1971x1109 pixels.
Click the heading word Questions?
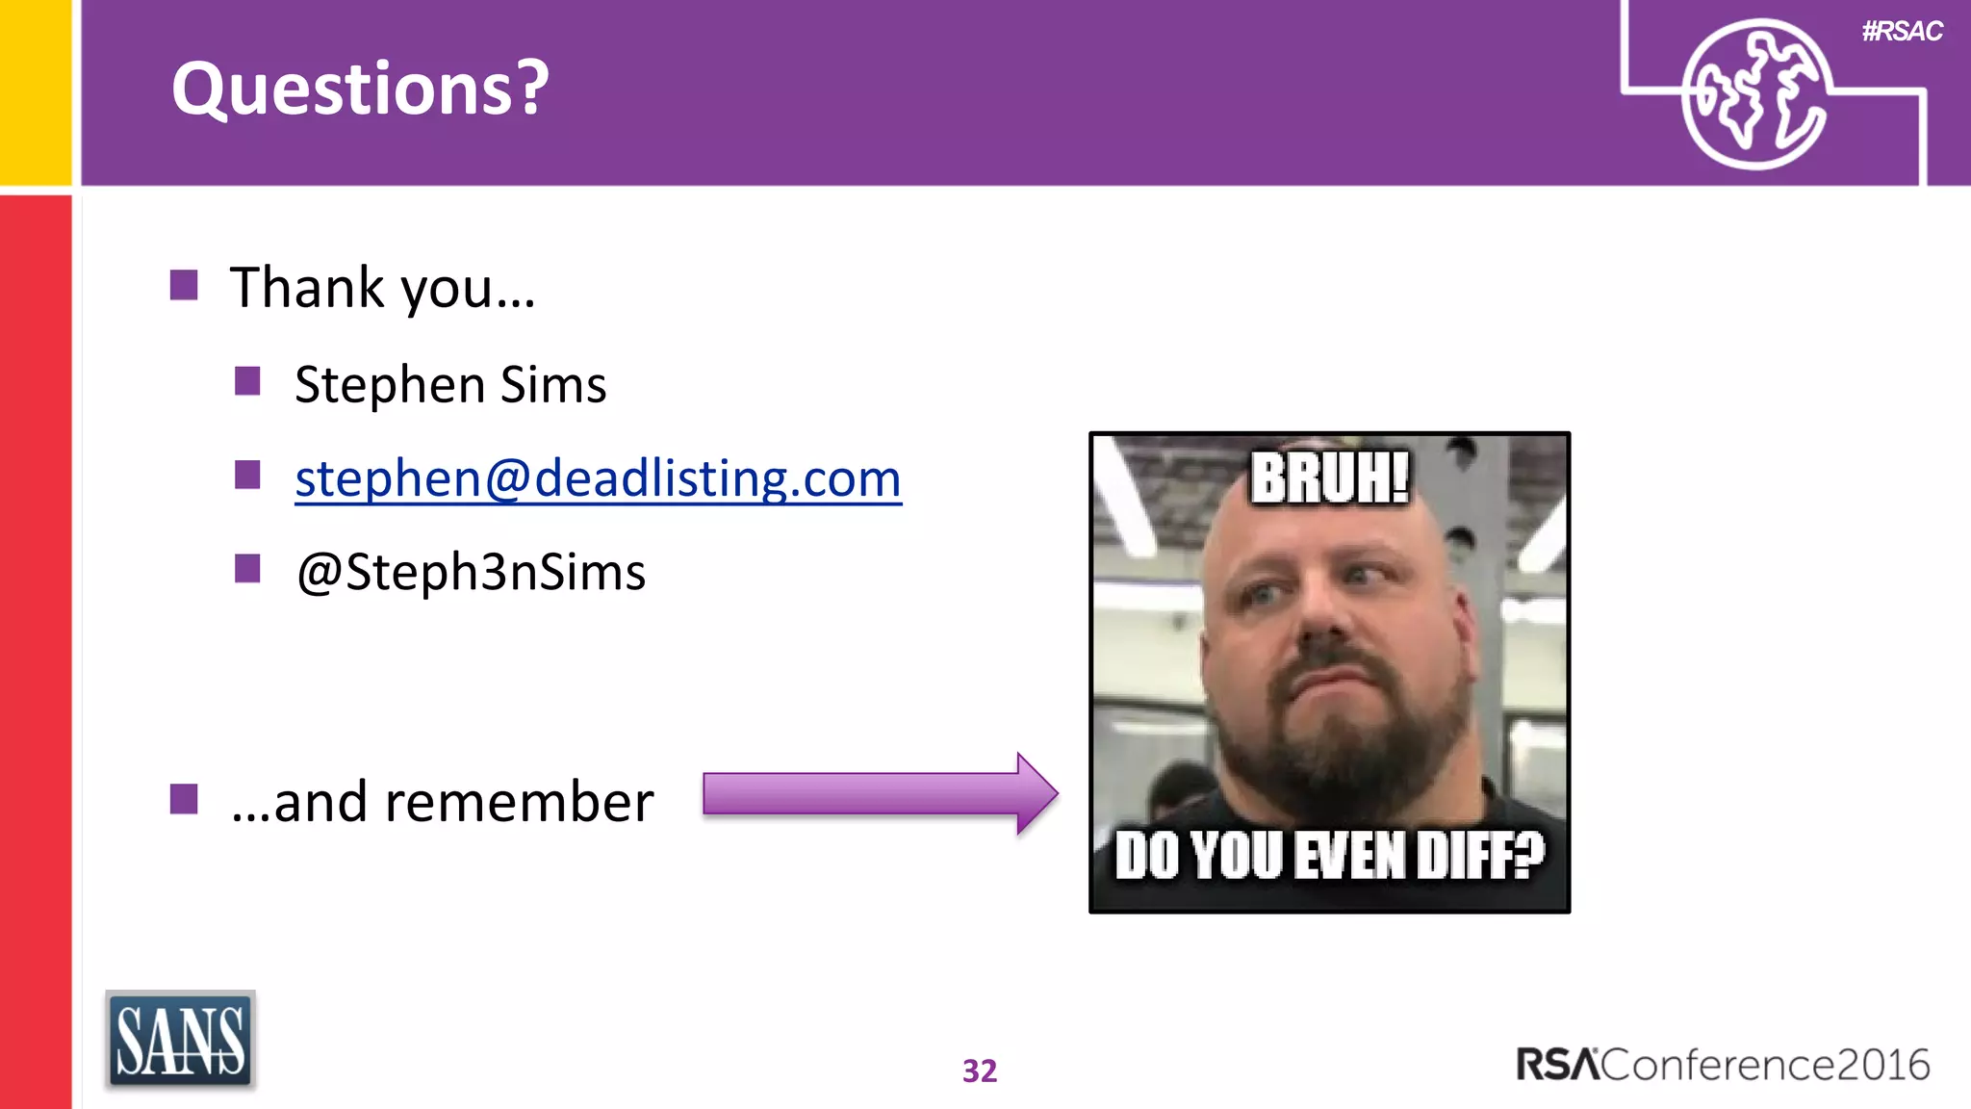tap(360, 89)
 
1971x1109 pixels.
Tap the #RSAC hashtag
tap(1902, 32)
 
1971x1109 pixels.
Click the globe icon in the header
tap(1753, 94)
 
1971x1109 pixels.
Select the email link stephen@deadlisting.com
tap(598, 478)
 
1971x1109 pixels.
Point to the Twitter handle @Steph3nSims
tap(471, 572)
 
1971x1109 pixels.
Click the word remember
tap(519, 802)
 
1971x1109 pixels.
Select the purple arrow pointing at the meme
tap(879, 794)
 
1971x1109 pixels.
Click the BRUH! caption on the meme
tap(1329, 477)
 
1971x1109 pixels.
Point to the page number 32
tap(980, 1070)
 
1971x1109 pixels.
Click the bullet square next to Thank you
tap(184, 285)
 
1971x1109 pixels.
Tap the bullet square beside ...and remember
tap(184, 799)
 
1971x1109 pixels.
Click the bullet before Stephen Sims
tap(247, 381)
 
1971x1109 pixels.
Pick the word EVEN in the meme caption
tap(1350, 855)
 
